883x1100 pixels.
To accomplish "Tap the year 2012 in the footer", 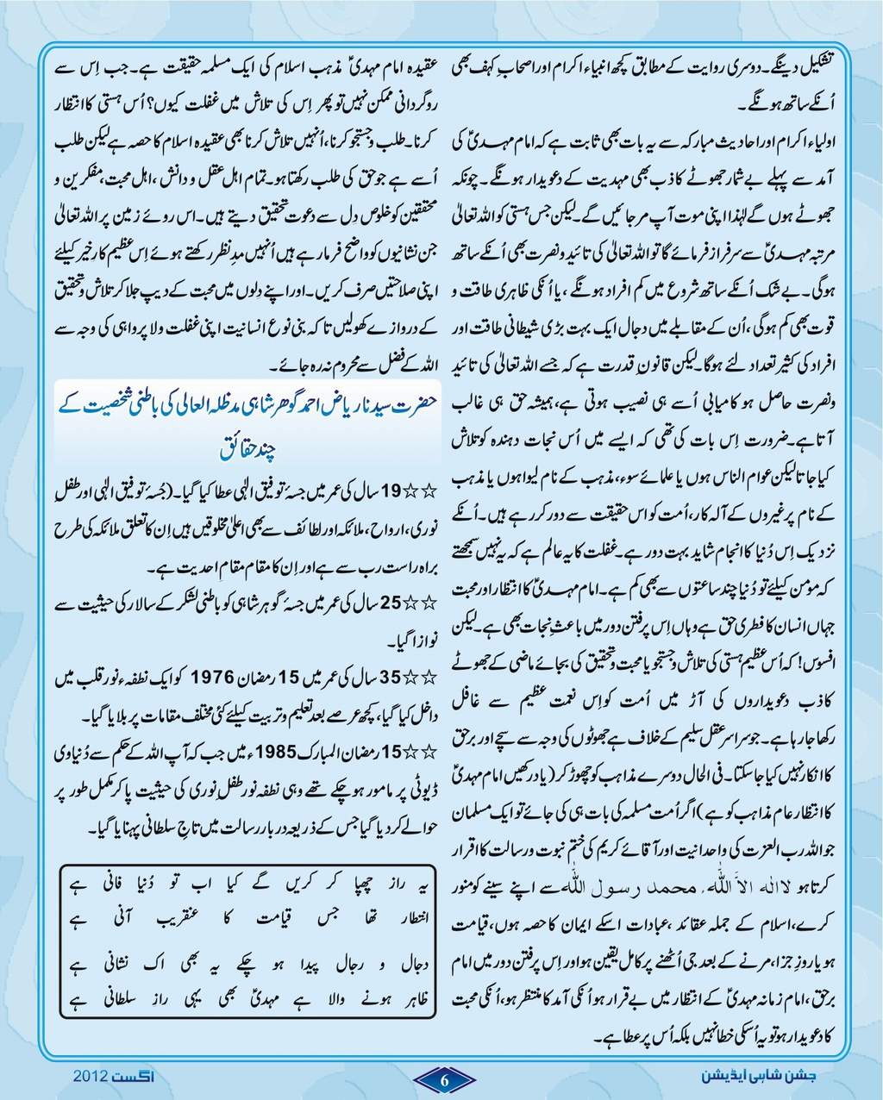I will pos(89,1078).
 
